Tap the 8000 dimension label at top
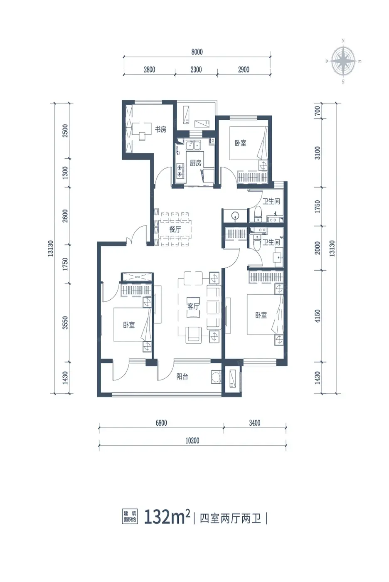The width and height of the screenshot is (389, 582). [x=197, y=52]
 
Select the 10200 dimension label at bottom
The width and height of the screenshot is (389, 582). [x=192, y=441]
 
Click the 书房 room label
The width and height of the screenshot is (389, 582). [x=160, y=129]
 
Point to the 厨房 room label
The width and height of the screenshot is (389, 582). [x=195, y=163]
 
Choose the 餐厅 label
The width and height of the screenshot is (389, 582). [x=175, y=229]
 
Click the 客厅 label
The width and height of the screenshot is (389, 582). [x=193, y=307]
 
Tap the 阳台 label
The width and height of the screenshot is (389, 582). [x=182, y=377]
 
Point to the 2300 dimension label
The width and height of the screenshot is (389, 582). [x=196, y=70]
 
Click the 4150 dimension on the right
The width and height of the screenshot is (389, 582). [x=318, y=316]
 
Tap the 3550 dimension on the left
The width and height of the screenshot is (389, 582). [x=65, y=323]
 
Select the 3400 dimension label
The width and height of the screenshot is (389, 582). [x=254, y=423]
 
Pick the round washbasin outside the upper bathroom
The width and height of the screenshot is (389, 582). [x=235, y=215]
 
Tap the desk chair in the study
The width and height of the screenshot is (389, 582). [x=142, y=136]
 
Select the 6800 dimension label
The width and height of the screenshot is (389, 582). [x=161, y=423]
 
